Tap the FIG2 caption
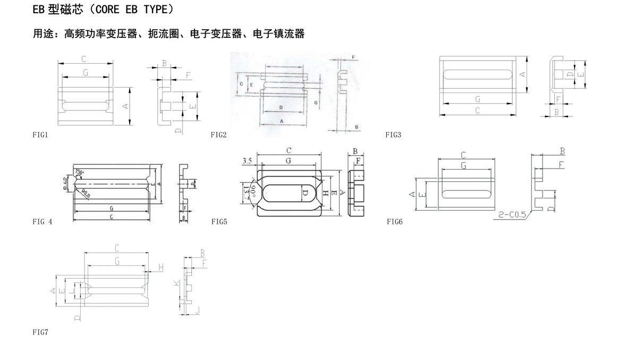(218, 135)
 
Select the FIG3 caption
(393, 135)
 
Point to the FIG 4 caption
(42, 221)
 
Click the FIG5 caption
(219, 221)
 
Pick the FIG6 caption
(394, 221)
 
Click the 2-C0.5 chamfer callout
(512, 215)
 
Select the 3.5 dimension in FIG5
(247, 160)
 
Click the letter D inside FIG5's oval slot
(305, 193)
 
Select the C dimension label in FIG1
(84, 58)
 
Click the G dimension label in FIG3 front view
(478, 99)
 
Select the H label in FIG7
(160, 266)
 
